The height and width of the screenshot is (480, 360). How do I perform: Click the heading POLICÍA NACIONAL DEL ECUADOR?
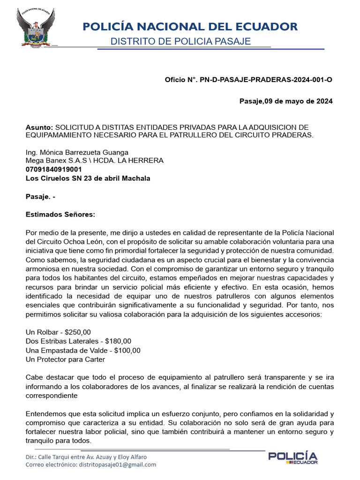[190, 26]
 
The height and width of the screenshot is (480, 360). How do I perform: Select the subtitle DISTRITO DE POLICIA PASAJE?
[180, 42]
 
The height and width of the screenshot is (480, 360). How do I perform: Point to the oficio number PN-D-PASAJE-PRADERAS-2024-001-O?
[266, 80]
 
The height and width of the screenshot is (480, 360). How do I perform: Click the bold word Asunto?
[39, 127]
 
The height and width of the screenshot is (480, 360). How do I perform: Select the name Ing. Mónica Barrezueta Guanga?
[76, 152]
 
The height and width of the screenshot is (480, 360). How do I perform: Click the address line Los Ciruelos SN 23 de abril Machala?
[88, 178]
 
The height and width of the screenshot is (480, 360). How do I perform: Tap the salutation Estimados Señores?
[60, 214]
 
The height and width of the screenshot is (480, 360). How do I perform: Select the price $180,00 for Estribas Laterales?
[118, 341]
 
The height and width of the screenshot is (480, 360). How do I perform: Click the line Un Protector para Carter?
[65, 360]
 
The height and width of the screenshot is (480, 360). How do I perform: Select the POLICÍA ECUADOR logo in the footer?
[292, 458]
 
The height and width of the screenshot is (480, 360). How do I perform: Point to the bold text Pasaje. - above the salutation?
[40, 197]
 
